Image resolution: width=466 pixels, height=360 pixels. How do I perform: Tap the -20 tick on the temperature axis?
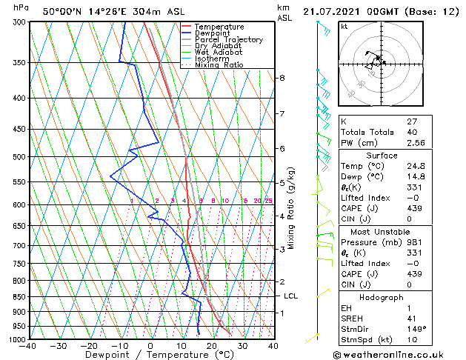(89, 346)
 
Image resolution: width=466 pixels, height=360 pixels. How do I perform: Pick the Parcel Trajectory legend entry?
(228, 39)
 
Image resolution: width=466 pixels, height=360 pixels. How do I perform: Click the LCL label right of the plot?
(291, 296)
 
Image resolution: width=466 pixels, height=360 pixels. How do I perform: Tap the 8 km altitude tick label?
(282, 78)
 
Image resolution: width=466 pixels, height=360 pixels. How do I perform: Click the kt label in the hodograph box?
(344, 26)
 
